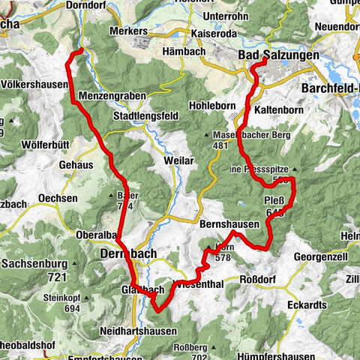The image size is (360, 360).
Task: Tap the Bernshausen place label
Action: [x=229, y=223]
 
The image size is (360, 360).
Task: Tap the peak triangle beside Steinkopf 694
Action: [x=88, y=298]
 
